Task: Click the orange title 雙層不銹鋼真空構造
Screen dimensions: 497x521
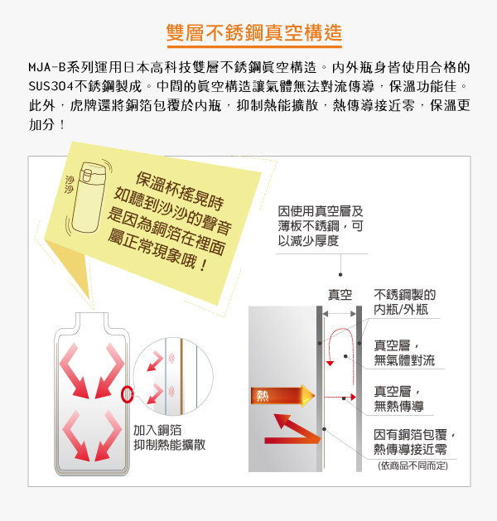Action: [x=254, y=32]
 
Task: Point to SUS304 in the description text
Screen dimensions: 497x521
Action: [x=51, y=86]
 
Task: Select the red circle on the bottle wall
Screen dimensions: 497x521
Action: [x=128, y=395]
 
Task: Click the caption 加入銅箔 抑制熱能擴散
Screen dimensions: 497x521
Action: [x=170, y=437]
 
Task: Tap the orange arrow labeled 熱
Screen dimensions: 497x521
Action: [x=282, y=395]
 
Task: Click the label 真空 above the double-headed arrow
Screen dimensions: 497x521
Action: [x=340, y=295]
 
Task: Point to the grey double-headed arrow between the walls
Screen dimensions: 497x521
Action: [x=339, y=314]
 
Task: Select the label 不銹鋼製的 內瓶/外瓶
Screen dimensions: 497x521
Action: [x=404, y=302]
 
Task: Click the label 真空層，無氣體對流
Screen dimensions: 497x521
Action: [x=404, y=353]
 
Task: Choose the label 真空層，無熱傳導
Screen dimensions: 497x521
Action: [x=398, y=398]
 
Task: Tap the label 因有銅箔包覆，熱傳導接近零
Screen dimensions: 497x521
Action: [x=414, y=442]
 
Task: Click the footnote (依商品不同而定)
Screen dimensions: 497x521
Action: [x=413, y=466]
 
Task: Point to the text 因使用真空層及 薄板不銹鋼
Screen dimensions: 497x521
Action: [x=321, y=219]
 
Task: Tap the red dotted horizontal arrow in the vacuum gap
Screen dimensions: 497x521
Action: [x=340, y=397]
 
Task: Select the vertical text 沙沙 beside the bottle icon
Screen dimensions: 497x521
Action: [x=70, y=185]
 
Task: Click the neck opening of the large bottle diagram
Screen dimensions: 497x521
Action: [x=92, y=313]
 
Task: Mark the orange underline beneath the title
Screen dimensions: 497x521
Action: [x=254, y=47]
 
